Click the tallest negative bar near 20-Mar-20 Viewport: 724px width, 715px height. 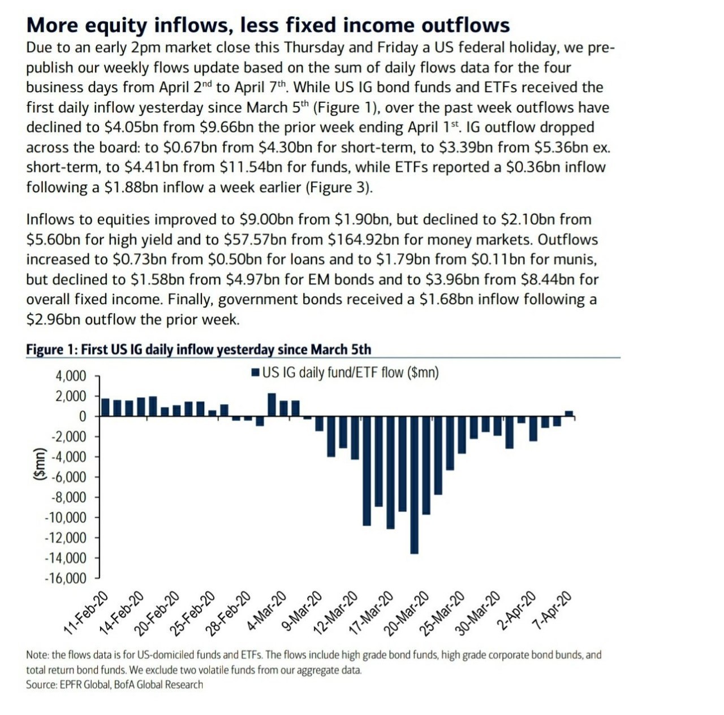coord(414,485)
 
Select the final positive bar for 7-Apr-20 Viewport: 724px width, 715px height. coord(569,413)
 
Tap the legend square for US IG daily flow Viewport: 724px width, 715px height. coord(256,372)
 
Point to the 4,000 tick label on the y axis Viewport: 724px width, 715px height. coord(71,376)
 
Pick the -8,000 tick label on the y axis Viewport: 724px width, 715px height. coord(68,497)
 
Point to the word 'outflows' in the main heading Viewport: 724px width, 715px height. coord(465,25)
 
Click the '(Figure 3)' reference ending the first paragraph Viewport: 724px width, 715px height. coord(339,187)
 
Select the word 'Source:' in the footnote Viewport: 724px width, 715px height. coord(41,684)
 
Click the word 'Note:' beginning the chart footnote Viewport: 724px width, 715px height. coord(37,655)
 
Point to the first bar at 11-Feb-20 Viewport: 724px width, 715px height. coord(106,408)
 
